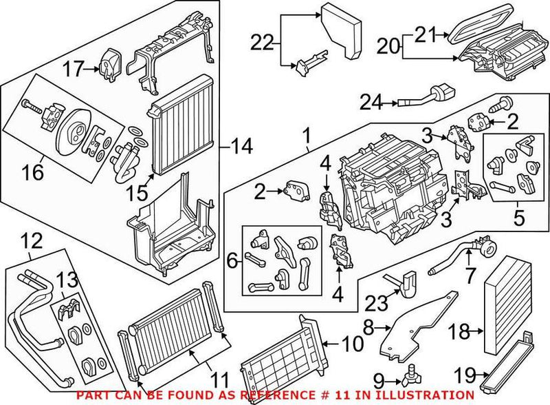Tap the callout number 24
(x=373, y=104)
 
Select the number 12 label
(x=32, y=241)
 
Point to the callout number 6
(x=232, y=262)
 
